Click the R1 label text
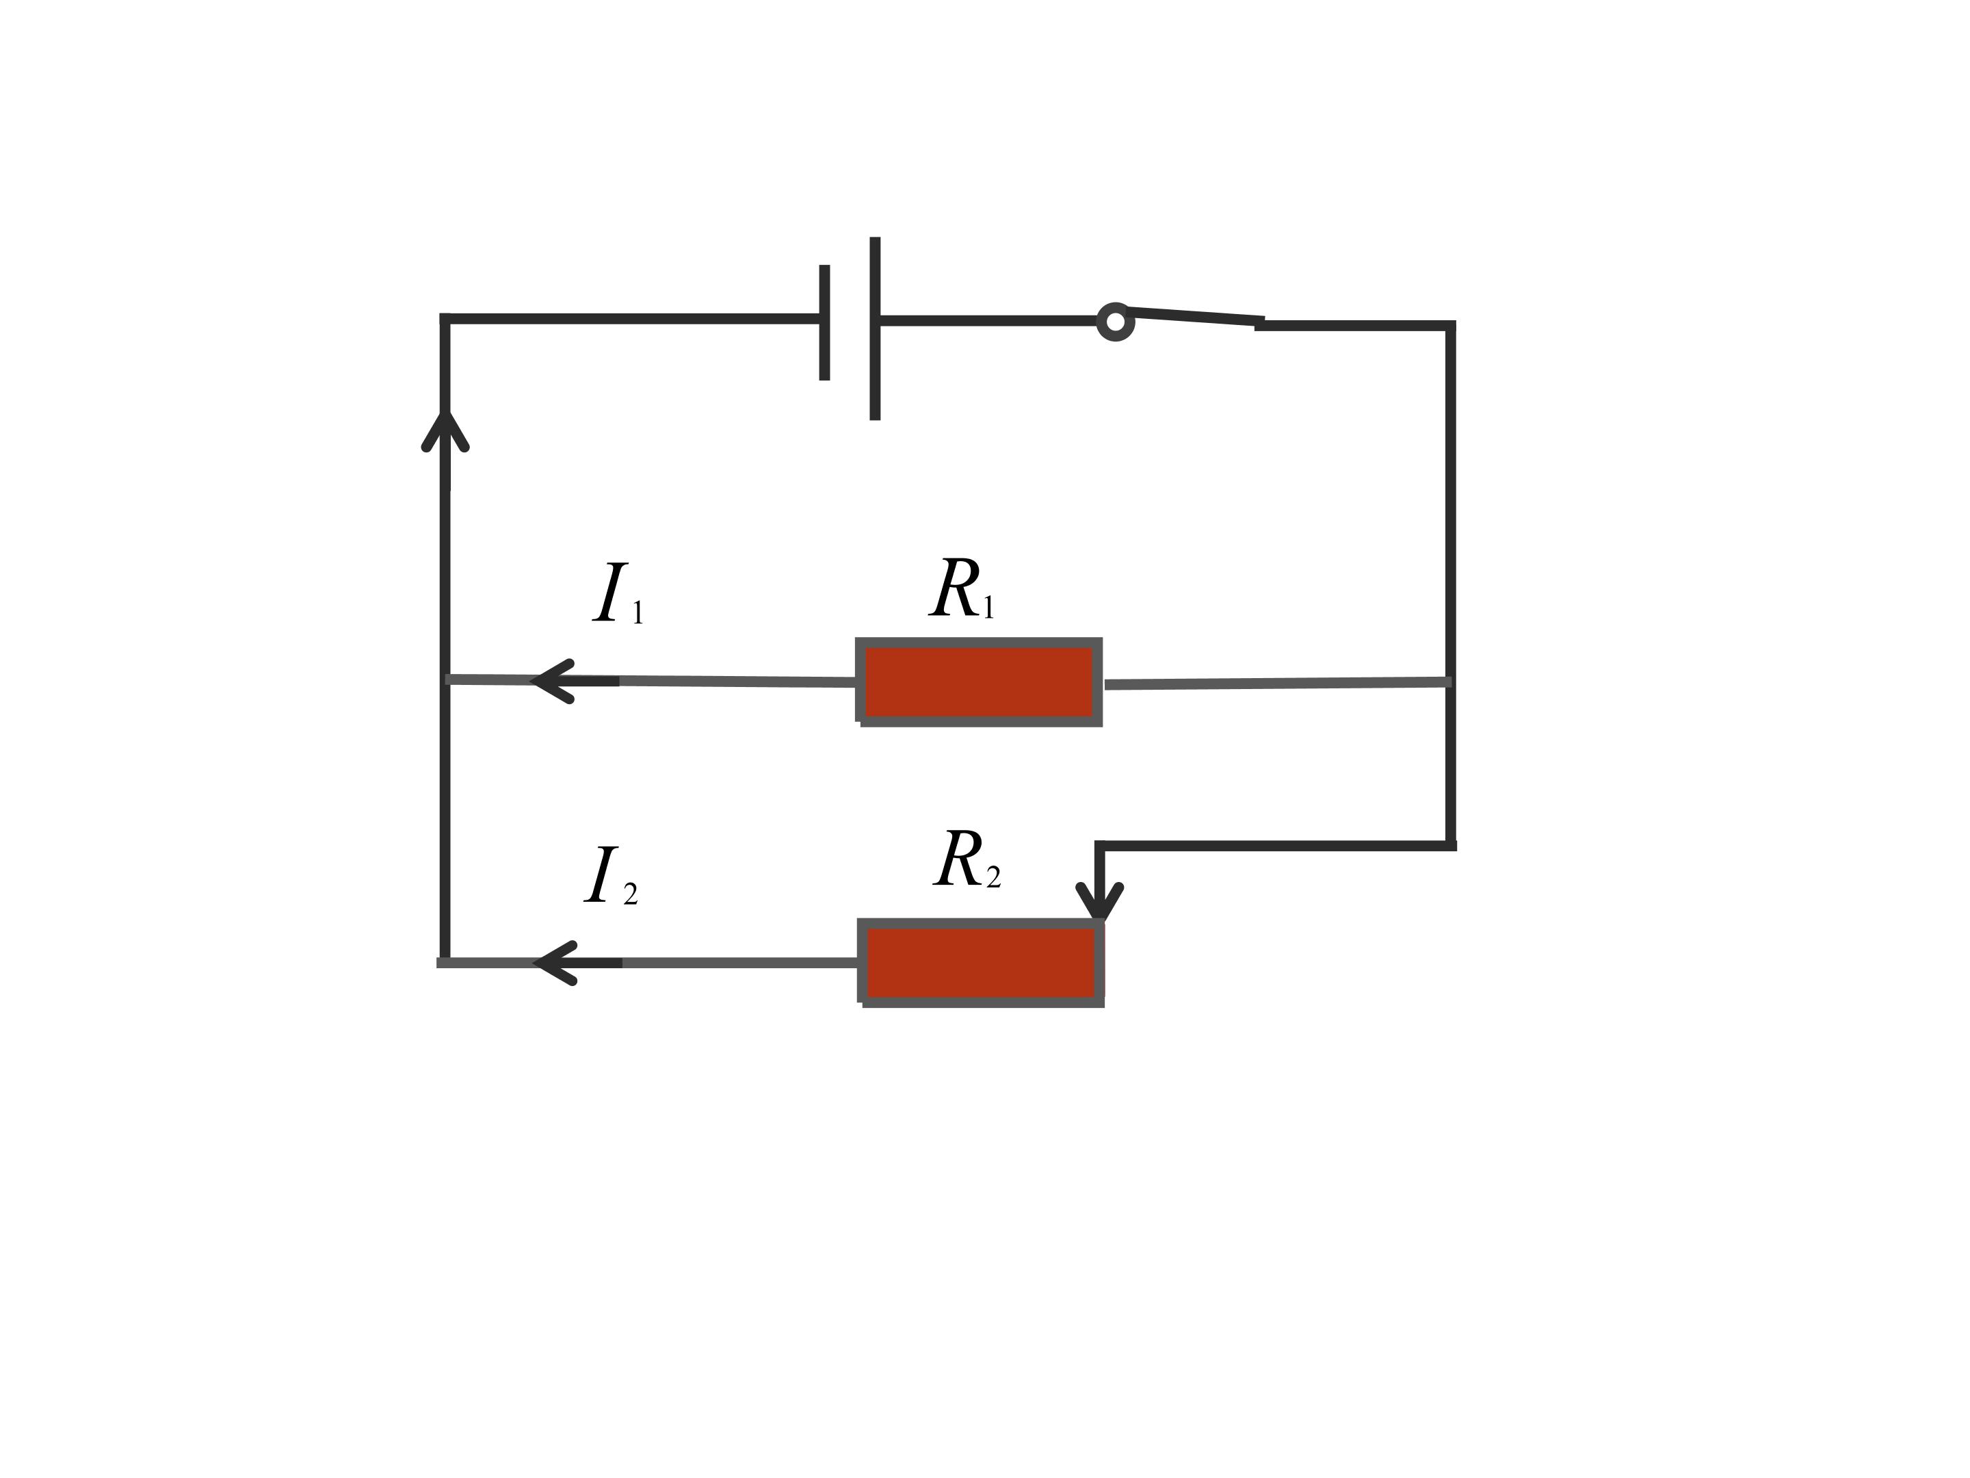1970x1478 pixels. click(x=962, y=589)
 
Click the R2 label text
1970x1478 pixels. click(x=967, y=859)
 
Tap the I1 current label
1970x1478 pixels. click(x=618, y=593)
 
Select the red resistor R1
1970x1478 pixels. click(x=979, y=682)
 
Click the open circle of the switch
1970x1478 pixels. click(x=1115, y=322)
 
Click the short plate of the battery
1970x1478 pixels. click(x=825, y=322)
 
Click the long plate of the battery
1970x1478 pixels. click(x=876, y=328)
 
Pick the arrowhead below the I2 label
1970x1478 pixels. click(x=555, y=963)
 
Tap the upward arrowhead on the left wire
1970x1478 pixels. click(x=445, y=430)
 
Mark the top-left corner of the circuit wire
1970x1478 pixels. click(x=445, y=319)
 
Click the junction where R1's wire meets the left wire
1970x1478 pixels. click(x=446, y=679)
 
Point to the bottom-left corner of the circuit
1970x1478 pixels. click(x=445, y=963)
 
